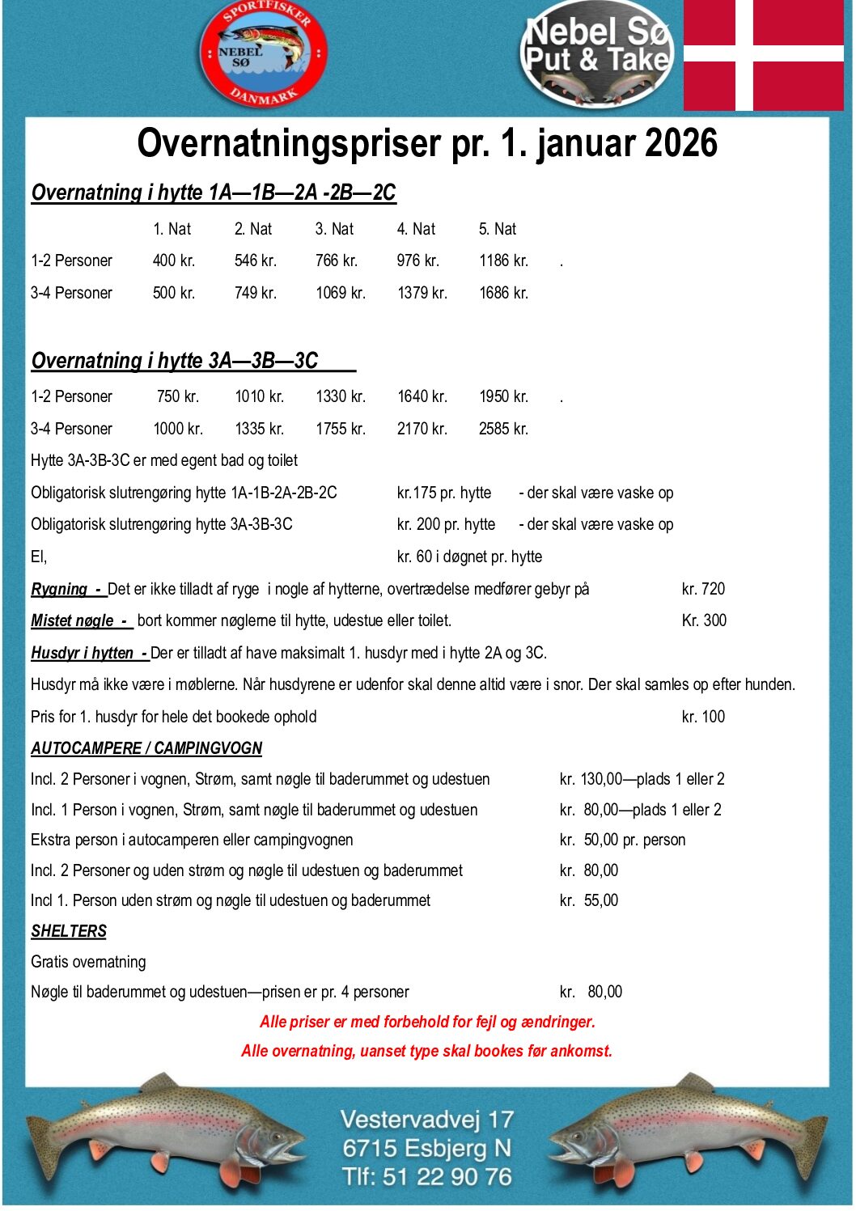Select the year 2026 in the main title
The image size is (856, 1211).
pos(680,143)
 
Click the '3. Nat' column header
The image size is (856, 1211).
pos(334,229)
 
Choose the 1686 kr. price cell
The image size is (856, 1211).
pos(503,293)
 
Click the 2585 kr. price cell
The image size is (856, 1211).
pos(503,429)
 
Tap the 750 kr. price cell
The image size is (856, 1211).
pos(178,396)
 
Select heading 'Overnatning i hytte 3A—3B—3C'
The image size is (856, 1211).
pos(175,361)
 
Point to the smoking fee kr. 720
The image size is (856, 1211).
pos(703,589)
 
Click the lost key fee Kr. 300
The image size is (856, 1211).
pos(704,620)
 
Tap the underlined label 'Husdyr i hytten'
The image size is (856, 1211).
pos(83,653)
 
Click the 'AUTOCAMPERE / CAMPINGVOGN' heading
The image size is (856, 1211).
pos(146,748)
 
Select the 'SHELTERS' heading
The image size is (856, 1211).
pos(69,931)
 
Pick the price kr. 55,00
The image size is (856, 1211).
pos(589,900)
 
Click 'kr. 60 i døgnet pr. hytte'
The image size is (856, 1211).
pos(469,557)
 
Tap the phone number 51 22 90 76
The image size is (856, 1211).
pos(447,1176)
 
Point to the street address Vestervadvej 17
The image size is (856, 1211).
pos(427,1120)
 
